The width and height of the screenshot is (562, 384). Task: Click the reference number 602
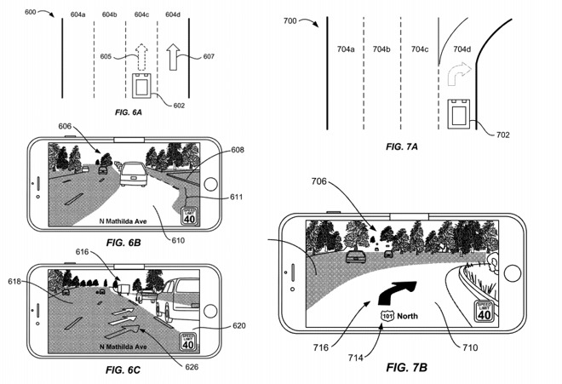pos(179,106)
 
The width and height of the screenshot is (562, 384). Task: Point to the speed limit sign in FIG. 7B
pos(484,312)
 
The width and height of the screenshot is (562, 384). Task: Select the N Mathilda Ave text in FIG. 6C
pos(124,347)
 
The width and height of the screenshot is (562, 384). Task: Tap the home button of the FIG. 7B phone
pos(513,273)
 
